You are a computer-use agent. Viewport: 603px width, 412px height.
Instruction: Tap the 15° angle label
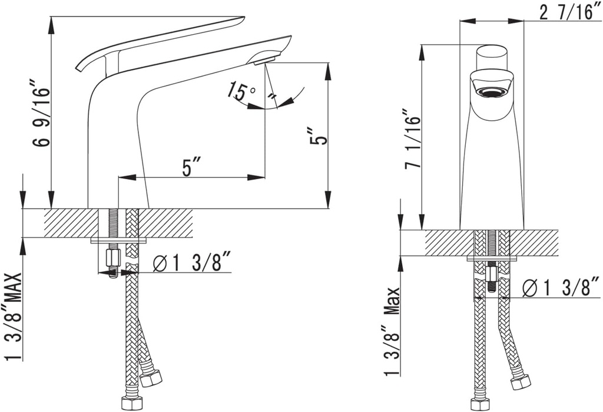click(243, 91)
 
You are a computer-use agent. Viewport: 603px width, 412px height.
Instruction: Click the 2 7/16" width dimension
click(568, 12)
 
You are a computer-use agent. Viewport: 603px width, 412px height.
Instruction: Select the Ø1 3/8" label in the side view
click(191, 263)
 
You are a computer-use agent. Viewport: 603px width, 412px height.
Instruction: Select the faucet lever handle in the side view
click(159, 41)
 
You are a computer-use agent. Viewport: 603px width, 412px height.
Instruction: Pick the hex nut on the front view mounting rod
click(492, 275)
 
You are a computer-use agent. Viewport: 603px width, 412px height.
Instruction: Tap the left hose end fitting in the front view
click(480, 404)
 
